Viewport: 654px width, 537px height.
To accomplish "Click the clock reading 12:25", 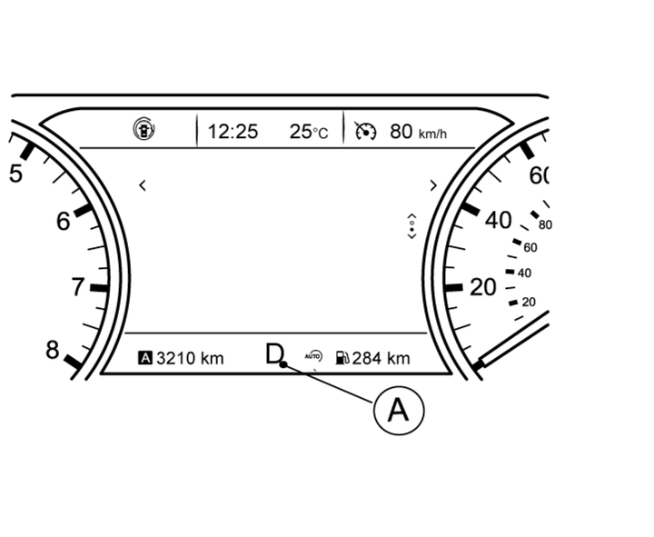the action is (233, 132).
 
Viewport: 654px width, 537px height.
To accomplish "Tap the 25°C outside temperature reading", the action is (309, 132).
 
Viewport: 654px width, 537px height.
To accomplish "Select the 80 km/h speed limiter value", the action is (418, 132).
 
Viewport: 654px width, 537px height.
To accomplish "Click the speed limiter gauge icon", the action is (365, 131).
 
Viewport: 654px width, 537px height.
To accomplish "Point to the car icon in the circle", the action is (144, 129).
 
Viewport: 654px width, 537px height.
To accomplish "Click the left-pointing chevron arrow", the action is (143, 185).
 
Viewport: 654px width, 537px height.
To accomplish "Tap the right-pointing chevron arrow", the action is (434, 185).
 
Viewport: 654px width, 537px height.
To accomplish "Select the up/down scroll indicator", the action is (411, 226).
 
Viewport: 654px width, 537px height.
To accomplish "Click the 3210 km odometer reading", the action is (190, 358).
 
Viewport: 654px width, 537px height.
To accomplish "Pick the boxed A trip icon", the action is (145, 358).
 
